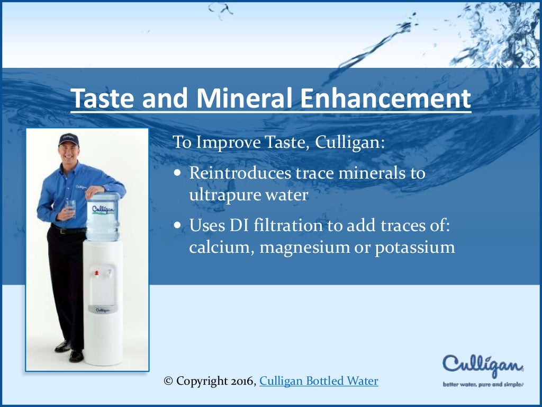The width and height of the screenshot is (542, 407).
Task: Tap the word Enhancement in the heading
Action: [x=386, y=99]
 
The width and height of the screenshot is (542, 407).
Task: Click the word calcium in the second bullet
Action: [x=221, y=248]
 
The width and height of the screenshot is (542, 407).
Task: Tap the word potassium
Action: [x=415, y=248]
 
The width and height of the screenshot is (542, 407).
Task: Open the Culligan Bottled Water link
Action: [x=319, y=381]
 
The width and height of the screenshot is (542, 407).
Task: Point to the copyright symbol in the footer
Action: [x=169, y=381]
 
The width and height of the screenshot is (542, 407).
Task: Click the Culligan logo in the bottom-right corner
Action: [x=483, y=365]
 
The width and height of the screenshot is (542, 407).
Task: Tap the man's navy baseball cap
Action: [x=68, y=139]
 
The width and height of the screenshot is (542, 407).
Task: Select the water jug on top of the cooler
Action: [x=103, y=216]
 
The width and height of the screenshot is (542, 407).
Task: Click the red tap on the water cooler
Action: [x=97, y=273]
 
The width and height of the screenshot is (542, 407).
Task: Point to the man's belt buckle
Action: [x=63, y=231]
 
